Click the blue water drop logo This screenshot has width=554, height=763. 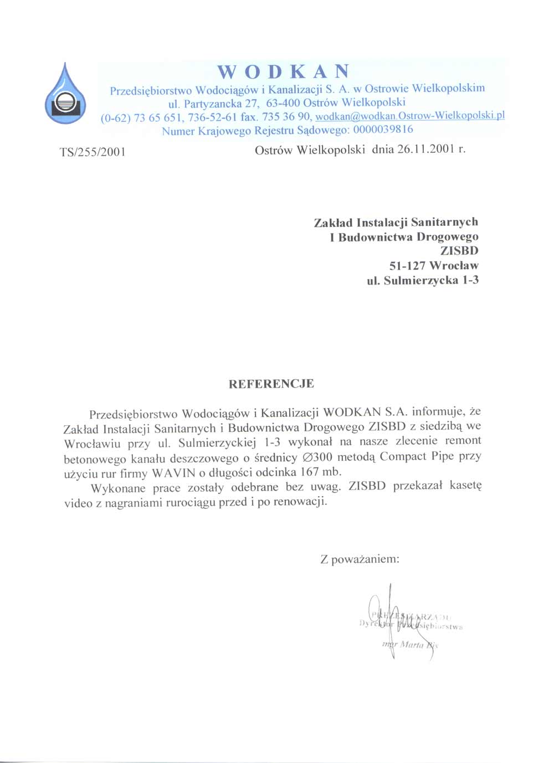coord(65,95)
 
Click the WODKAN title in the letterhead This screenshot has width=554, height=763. coord(283,71)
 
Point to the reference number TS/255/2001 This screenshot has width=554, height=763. coord(93,152)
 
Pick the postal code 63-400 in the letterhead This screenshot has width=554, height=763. coord(283,102)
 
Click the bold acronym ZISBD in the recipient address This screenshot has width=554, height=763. coord(459,251)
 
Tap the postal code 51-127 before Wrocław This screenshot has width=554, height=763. coord(407,266)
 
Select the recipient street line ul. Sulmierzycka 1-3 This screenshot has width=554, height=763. coord(423,280)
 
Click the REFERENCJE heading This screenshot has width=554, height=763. coord(271,384)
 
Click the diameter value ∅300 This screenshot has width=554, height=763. coord(317,457)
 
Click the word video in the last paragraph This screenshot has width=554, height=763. coord(78,503)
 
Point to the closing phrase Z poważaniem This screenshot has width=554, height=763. coord(360,559)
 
